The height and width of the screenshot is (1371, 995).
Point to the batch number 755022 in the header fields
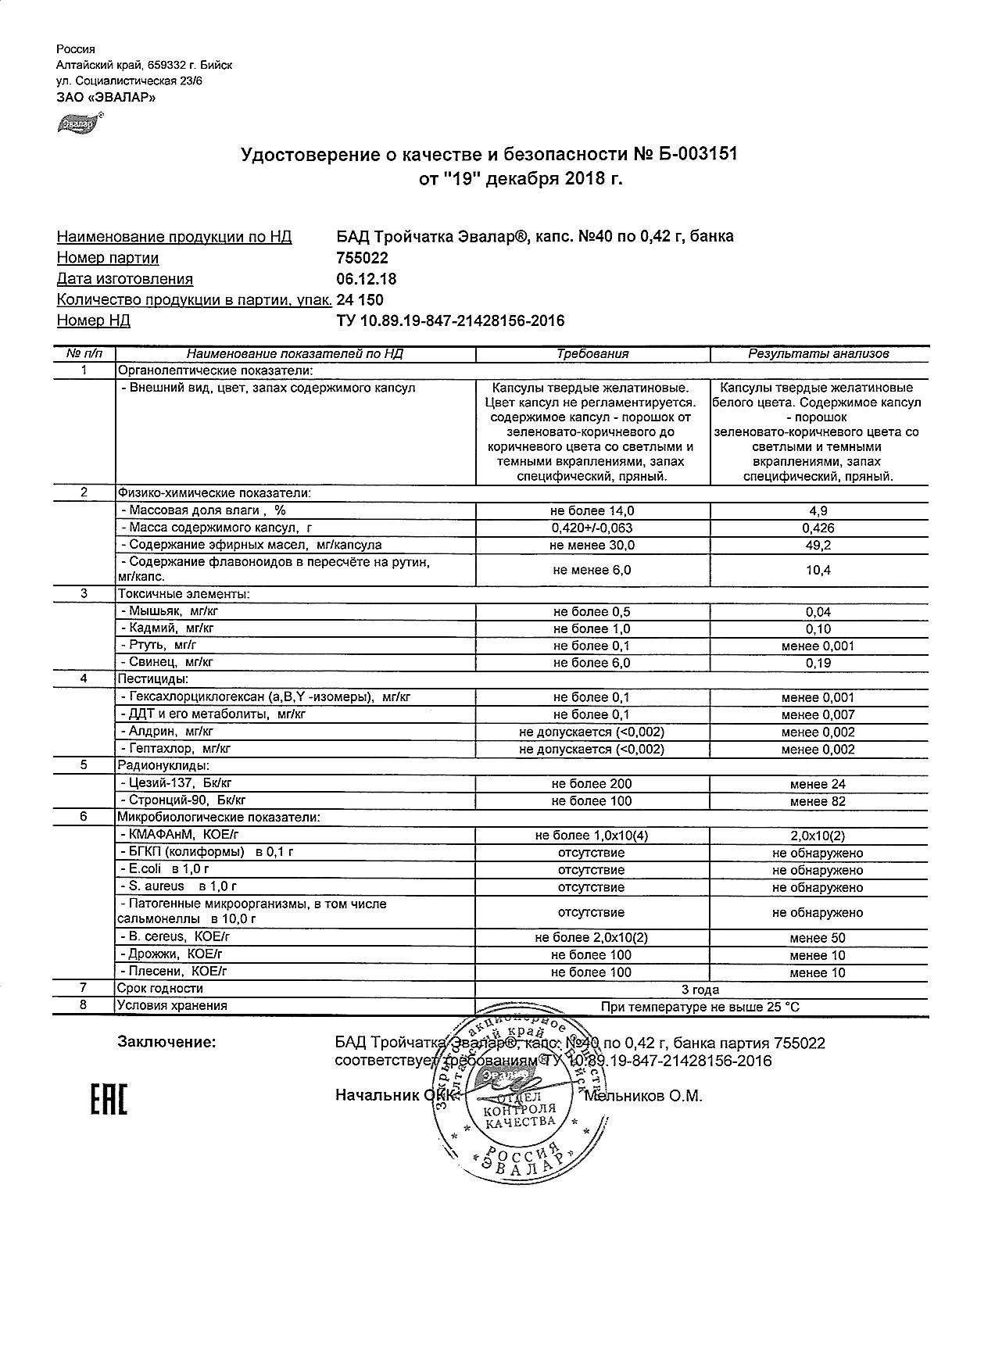[362, 258]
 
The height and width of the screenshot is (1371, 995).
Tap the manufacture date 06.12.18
[366, 279]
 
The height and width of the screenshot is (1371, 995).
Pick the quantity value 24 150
[360, 300]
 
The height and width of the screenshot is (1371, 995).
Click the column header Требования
[592, 354]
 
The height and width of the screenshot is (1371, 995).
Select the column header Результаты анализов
[818, 354]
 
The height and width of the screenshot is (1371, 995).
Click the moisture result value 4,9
[818, 511]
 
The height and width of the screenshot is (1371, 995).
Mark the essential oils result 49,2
[818, 546]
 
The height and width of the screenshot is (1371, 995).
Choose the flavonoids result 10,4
[818, 571]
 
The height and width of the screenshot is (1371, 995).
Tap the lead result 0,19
[818, 663]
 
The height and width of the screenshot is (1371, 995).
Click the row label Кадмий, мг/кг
[167, 628]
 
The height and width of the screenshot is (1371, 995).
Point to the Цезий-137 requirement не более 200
[592, 784]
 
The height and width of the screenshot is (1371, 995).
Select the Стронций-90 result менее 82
[818, 801]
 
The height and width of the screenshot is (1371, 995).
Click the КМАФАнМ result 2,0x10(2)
[818, 836]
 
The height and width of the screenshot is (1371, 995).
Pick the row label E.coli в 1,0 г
[164, 869]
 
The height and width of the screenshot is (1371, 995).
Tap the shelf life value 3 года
[700, 990]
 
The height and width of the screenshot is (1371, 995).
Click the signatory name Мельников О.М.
[644, 1097]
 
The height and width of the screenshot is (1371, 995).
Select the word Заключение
[166, 1043]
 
